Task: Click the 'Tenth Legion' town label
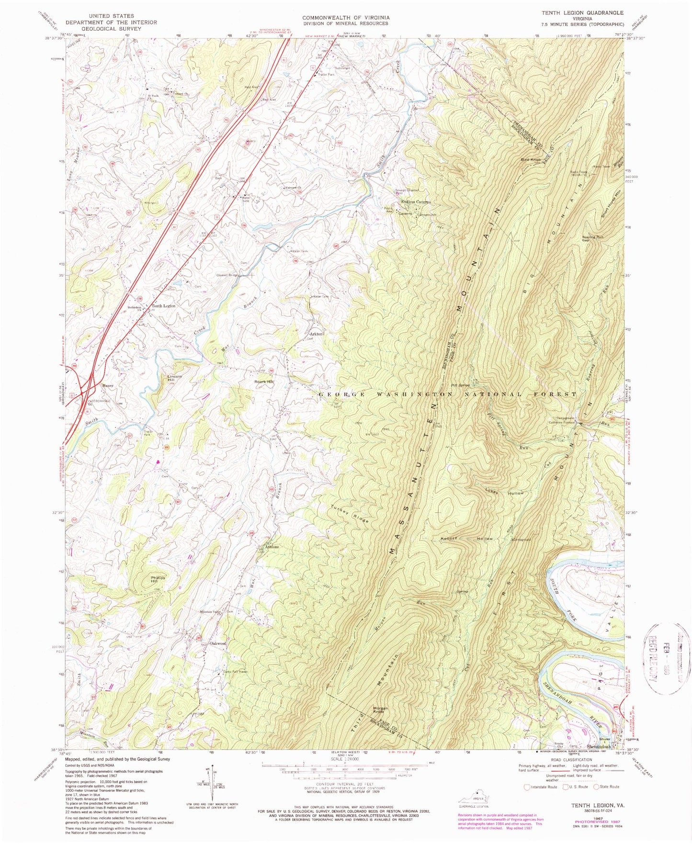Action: (164, 305)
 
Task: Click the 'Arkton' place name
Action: (316, 334)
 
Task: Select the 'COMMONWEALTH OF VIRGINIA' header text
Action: (345, 18)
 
